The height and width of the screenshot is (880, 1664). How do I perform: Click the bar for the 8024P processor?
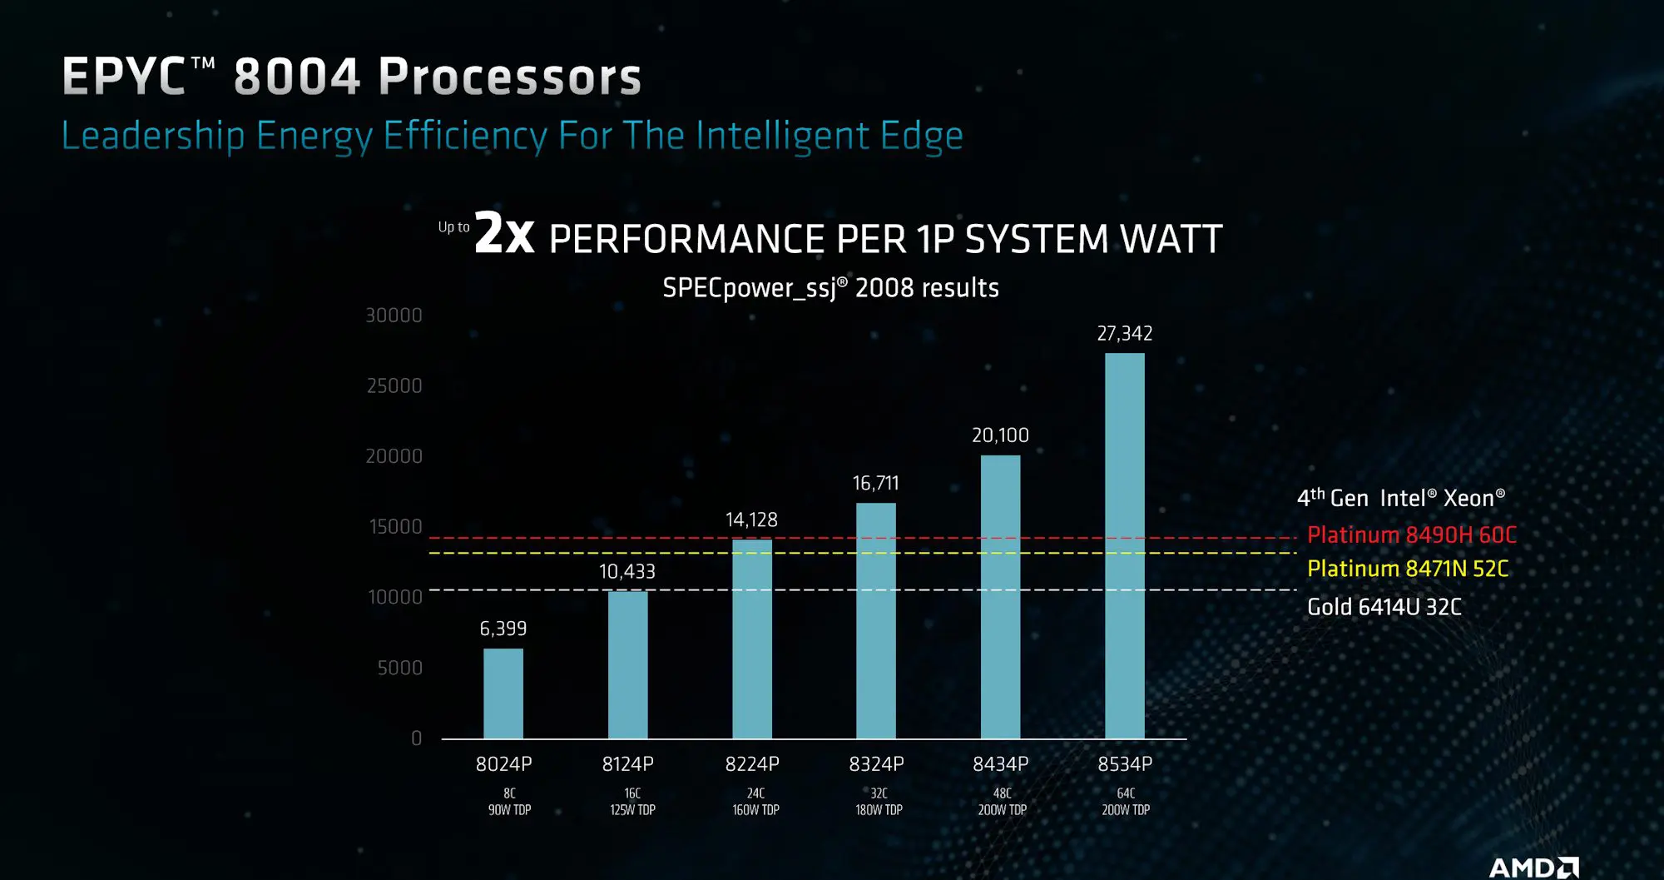pyautogui.click(x=503, y=693)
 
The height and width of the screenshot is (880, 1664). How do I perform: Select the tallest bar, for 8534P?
pyautogui.click(x=1124, y=545)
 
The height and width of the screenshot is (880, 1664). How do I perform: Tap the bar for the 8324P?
pyautogui.click(x=876, y=620)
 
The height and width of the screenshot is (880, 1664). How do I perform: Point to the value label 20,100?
pyautogui.click(x=1000, y=435)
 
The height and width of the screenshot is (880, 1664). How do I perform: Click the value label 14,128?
pyautogui.click(x=751, y=520)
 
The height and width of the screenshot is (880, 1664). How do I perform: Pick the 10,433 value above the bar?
pyautogui.click(x=627, y=572)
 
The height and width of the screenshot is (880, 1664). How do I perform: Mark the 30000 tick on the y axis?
pyautogui.click(x=394, y=316)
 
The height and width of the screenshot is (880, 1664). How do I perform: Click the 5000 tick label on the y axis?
pyautogui.click(x=400, y=668)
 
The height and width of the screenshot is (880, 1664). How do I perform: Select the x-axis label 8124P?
pyautogui.click(x=628, y=764)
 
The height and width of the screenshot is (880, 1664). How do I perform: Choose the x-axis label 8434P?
pyautogui.click(x=1001, y=764)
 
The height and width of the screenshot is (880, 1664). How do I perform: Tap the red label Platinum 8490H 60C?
pyautogui.click(x=1411, y=535)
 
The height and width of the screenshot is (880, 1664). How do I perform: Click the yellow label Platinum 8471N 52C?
pyautogui.click(x=1407, y=569)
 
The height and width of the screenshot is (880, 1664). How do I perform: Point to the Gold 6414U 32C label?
pyautogui.click(x=1384, y=607)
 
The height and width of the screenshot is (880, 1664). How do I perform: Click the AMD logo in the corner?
pyautogui.click(x=1533, y=868)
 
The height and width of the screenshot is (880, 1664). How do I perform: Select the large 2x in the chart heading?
pyautogui.click(x=504, y=233)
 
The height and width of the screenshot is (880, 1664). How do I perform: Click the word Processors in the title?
pyautogui.click(x=510, y=77)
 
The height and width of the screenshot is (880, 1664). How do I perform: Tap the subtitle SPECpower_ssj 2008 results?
pyautogui.click(x=830, y=288)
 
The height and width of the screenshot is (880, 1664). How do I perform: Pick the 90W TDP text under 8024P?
pyautogui.click(x=509, y=810)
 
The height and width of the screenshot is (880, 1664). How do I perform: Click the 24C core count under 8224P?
pyautogui.click(x=755, y=793)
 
